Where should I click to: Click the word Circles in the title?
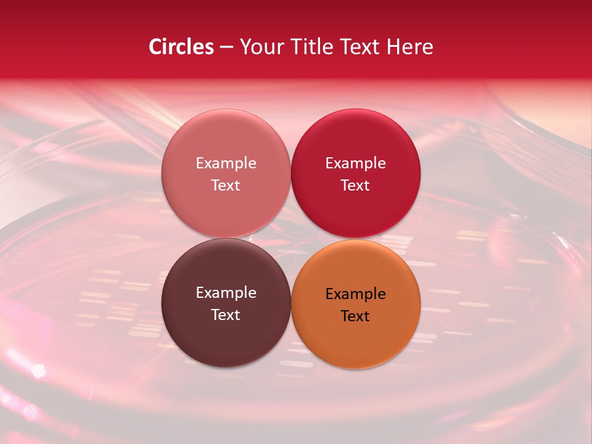click(x=181, y=47)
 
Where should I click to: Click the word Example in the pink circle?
click(x=226, y=163)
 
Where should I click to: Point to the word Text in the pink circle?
click(x=226, y=185)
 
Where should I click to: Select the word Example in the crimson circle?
click(x=355, y=163)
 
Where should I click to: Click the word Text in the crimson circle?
click(x=355, y=185)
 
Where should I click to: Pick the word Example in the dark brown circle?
click(x=226, y=293)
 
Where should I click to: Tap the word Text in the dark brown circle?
click(x=226, y=314)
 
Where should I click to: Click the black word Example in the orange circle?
click(x=355, y=294)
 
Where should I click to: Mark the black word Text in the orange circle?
click(x=355, y=316)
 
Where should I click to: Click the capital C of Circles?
click(x=155, y=47)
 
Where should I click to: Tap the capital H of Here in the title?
click(x=393, y=47)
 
